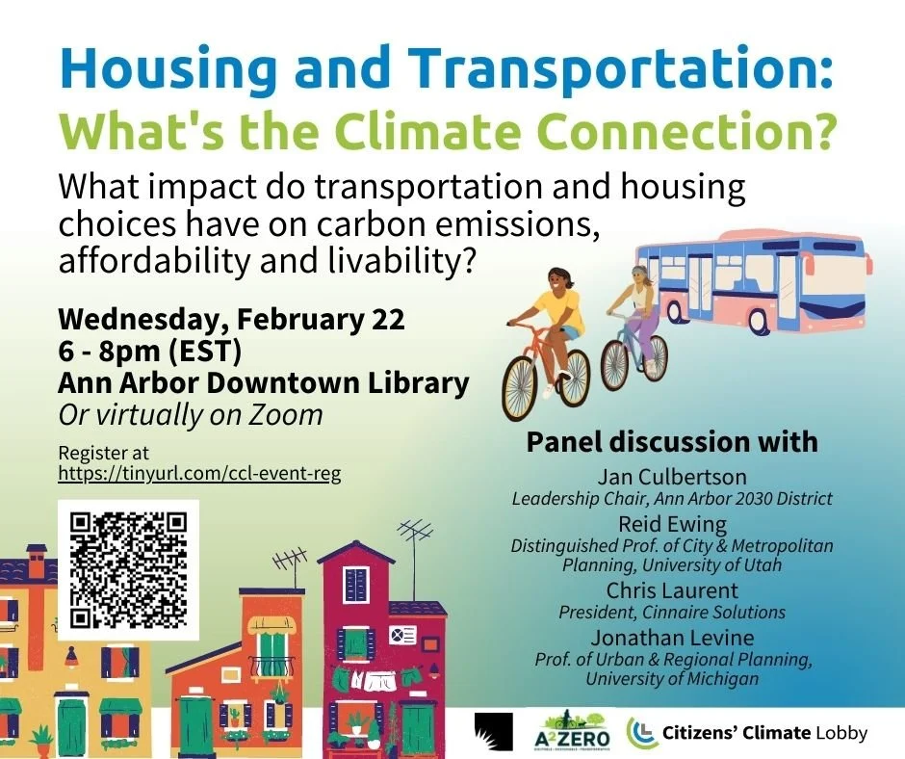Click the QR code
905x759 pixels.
(x=128, y=569)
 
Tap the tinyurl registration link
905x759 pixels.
(x=199, y=474)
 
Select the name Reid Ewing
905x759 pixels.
(x=672, y=525)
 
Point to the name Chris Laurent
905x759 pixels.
(x=672, y=590)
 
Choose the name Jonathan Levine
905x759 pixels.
(x=672, y=638)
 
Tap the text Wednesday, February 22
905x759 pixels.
(x=231, y=318)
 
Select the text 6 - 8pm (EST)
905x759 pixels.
(x=149, y=350)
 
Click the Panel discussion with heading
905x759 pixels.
(x=671, y=442)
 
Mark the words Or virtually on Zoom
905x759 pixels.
(x=190, y=414)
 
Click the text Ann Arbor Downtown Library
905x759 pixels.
(x=263, y=382)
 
